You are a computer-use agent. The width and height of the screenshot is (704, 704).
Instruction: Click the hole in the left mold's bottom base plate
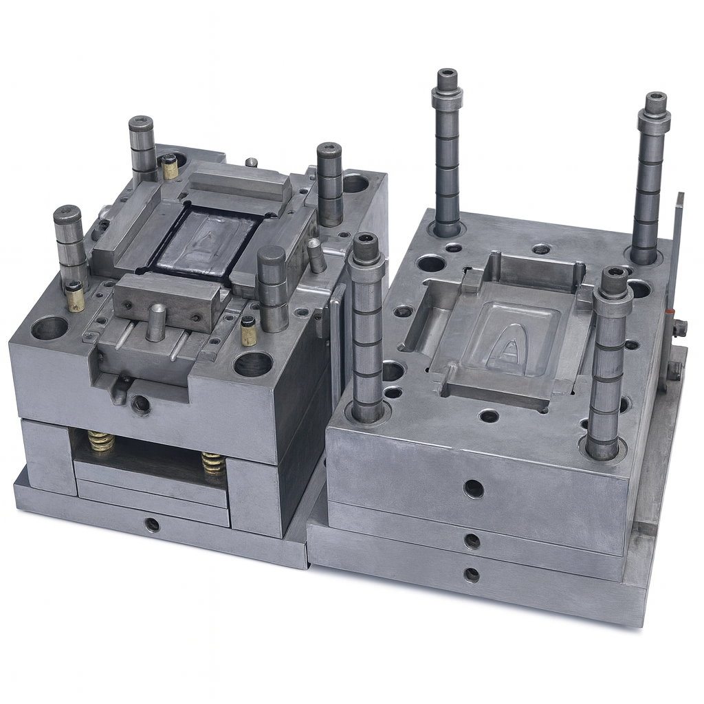pos(152,525)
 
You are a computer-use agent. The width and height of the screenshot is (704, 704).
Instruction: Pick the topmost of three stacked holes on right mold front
pos(473,489)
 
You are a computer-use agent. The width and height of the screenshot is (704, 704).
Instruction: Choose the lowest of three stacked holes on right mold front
pos(472,574)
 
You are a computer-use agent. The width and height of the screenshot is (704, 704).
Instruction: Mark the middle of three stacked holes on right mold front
pos(472,541)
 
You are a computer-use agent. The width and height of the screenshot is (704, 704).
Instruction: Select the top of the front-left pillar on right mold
pos(365,241)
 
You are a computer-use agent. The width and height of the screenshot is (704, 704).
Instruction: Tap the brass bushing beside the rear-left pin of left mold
pos(169,167)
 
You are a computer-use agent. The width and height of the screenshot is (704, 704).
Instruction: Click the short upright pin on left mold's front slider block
pos(156,322)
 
